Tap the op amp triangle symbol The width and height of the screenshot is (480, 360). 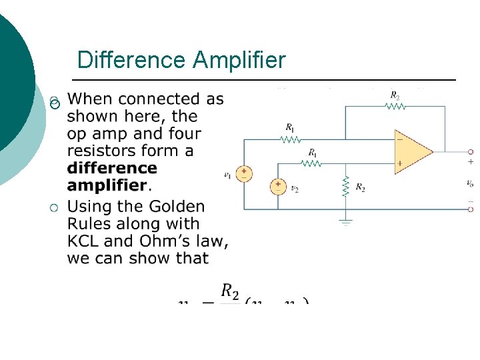click(411, 151)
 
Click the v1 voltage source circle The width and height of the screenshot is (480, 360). click(244, 174)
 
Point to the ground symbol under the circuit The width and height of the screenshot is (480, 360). click(345, 221)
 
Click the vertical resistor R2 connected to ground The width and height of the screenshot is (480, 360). click(345, 187)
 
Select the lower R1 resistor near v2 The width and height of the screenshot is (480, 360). click(312, 162)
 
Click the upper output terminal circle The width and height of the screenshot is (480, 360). click(470, 151)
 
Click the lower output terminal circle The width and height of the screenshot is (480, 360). click(470, 209)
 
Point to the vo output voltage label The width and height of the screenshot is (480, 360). click(470, 183)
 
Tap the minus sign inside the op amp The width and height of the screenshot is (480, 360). click(400, 140)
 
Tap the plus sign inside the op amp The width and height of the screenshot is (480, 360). click(400, 163)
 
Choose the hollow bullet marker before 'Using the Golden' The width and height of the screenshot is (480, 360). click(54, 210)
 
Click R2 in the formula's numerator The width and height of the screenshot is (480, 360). click(230, 291)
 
